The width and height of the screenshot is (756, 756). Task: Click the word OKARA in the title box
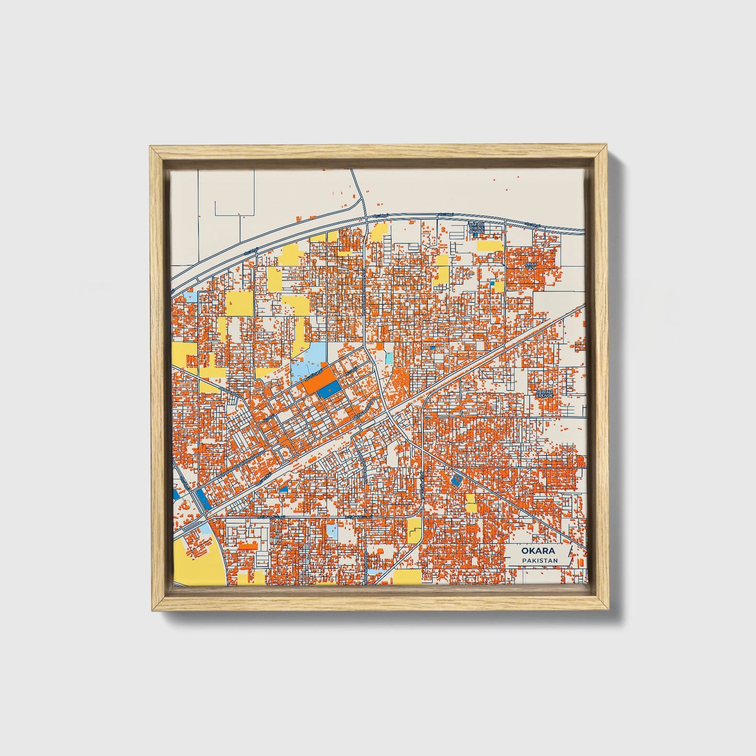coord(538,551)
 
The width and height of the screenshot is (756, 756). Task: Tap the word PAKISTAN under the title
coord(539,561)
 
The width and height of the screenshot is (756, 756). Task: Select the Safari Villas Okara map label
coord(476,228)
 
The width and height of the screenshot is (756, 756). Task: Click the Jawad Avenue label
coord(544,393)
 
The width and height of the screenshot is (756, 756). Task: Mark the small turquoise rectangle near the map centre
coord(389,358)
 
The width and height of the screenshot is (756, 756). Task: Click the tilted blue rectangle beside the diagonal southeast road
coord(456,480)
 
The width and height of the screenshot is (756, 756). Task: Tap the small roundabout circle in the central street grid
coord(310,426)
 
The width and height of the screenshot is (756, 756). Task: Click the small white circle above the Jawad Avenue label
coord(551,383)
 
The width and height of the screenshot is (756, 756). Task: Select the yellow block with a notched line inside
coord(414,529)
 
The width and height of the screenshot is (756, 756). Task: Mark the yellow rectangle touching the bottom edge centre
coord(407,577)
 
